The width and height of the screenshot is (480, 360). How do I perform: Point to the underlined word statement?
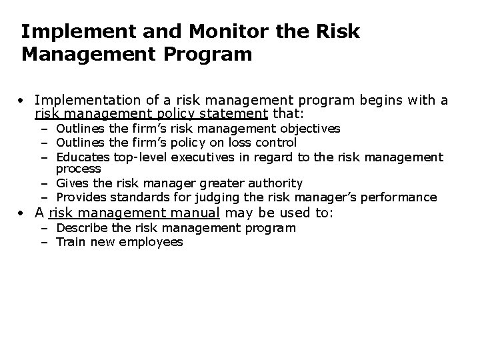pos(235,114)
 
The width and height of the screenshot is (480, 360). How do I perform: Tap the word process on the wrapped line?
pos(78,169)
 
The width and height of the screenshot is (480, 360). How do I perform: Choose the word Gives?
pos(71,183)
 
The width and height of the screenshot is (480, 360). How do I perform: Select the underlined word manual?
pos(195,213)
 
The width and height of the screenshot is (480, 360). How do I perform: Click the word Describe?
pos(81,228)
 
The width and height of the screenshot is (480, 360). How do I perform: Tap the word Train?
pos(71,242)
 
